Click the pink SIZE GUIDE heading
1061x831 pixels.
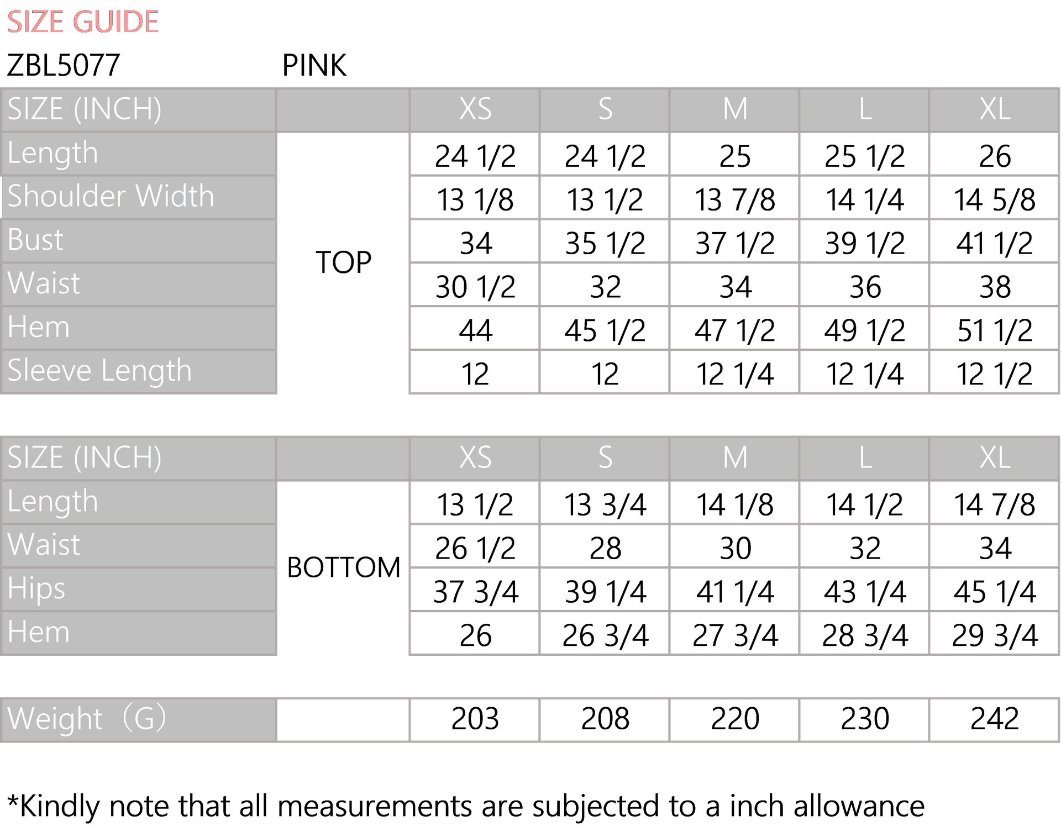(83, 22)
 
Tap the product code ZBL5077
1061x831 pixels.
(64, 65)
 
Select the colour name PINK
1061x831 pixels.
(314, 65)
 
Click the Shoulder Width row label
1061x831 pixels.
(111, 196)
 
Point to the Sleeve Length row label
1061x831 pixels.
(99, 370)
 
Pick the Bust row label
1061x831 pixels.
(35, 240)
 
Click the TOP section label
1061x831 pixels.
(343, 262)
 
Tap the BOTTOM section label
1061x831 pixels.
(343, 567)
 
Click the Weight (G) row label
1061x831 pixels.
(87, 718)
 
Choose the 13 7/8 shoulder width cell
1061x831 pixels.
(735, 199)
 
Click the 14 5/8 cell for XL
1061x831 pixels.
(995, 199)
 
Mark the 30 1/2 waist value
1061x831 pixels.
(475, 287)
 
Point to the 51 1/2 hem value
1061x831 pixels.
(995, 330)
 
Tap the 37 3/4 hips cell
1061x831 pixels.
(475, 592)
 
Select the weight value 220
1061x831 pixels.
(735, 719)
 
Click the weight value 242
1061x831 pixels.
(995, 719)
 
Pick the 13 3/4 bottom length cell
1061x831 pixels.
(605, 504)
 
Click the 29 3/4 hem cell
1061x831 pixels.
(995, 635)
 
